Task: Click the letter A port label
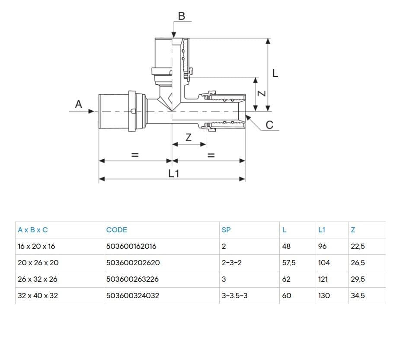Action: tap(78, 104)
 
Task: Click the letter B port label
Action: tap(182, 16)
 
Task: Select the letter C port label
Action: tap(269, 125)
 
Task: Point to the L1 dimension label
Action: tap(173, 174)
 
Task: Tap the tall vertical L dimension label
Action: tap(275, 74)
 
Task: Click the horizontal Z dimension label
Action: tap(189, 138)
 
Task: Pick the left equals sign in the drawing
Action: tap(135, 155)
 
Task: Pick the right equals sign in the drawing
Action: tap(211, 155)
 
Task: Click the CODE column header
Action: tap(117, 230)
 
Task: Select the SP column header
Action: tap(226, 230)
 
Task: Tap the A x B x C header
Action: tap(33, 230)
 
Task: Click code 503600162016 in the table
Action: tap(131, 246)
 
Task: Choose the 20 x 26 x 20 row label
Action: tap(38, 263)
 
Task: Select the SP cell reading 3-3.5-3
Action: tap(235, 296)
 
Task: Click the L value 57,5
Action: tap(289, 263)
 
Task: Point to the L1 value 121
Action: tap(323, 279)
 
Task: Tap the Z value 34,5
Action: tap(358, 296)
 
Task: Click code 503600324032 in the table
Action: tap(133, 296)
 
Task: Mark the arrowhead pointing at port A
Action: tap(91, 111)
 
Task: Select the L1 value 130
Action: tap(324, 296)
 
